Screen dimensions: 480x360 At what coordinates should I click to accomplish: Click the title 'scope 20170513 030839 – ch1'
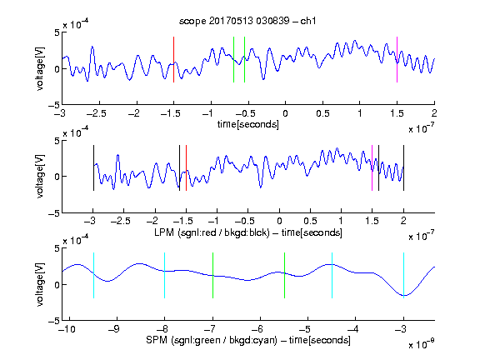click(x=247, y=21)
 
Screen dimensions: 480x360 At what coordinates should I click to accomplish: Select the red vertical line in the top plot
click(x=173, y=59)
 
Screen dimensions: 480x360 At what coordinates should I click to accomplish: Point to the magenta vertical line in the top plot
click(x=397, y=59)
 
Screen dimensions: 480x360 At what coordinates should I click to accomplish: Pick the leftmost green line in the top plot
click(x=233, y=59)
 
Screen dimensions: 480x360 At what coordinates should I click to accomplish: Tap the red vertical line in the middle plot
click(x=186, y=167)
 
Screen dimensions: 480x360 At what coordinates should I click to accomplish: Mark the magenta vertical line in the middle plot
click(x=372, y=167)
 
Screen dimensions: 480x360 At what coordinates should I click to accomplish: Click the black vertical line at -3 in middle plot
click(x=93, y=167)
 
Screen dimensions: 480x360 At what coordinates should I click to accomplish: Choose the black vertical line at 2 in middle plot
click(x=403, y=167)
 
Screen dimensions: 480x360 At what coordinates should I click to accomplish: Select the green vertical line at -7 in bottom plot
click(x=212, y=275)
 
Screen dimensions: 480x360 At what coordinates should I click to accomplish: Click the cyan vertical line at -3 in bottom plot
click(x=403, y=275)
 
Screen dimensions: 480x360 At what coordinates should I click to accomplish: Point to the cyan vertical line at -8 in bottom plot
click(x=164, y=275)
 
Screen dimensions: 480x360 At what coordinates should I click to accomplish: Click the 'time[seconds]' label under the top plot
click(x=248, y=124)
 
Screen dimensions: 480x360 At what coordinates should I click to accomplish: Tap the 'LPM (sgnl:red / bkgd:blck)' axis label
click(x=212, y=232)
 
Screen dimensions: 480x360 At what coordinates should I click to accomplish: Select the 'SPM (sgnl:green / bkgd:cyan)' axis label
click(x=212, y=340)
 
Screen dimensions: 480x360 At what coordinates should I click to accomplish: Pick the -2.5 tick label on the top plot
click(x=96, y=113)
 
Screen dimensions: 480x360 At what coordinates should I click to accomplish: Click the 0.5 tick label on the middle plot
click(x=310, y=221)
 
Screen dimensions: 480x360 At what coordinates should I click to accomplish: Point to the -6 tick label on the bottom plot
click(x=260, y=329)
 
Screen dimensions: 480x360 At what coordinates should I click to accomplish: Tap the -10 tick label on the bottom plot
click(x=67, y=329)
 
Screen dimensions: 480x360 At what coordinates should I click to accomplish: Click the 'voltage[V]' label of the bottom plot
click(x=40, y=284)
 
